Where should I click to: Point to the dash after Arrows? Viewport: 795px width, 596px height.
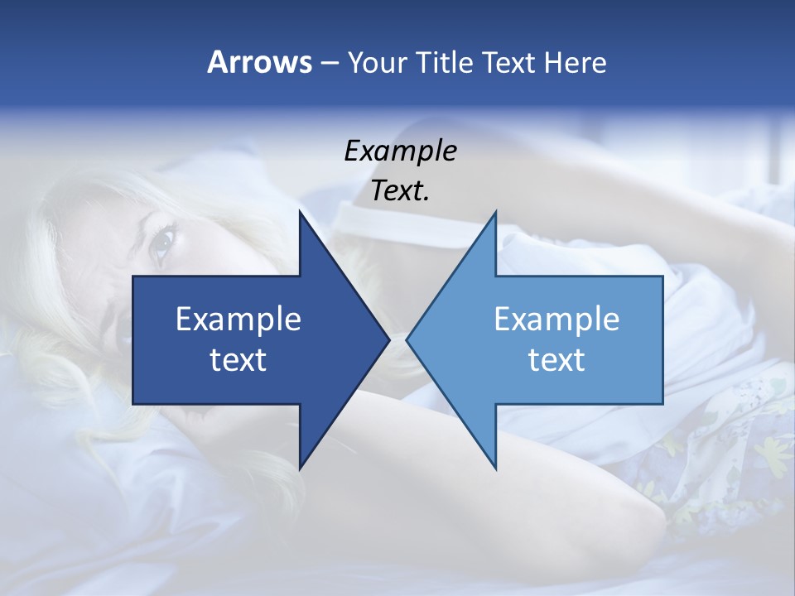(x=329, y=64)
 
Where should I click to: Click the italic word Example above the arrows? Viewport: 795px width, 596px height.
(x=401, y=151)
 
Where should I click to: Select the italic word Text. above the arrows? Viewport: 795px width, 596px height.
(x=401, y=190)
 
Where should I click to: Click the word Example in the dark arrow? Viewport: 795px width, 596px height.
(x=238, y=319)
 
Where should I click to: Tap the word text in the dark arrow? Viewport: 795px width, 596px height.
(x=238, y=359)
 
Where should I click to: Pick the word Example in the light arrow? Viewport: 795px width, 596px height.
(x=556, y=319)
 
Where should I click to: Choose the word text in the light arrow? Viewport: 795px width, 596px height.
(x=556, y=359)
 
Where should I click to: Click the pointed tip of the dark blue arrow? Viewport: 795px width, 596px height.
(x=388, y=339)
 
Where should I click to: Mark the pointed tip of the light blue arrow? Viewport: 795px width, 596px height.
(x=407, y=339)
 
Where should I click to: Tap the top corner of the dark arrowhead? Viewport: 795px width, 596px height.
(x=300, y=213)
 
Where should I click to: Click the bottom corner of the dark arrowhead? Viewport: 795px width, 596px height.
(x=300, y=468)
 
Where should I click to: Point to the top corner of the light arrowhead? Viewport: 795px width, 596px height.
(x=495, y=213)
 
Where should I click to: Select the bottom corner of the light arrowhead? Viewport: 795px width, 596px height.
(x=495, y=468)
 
